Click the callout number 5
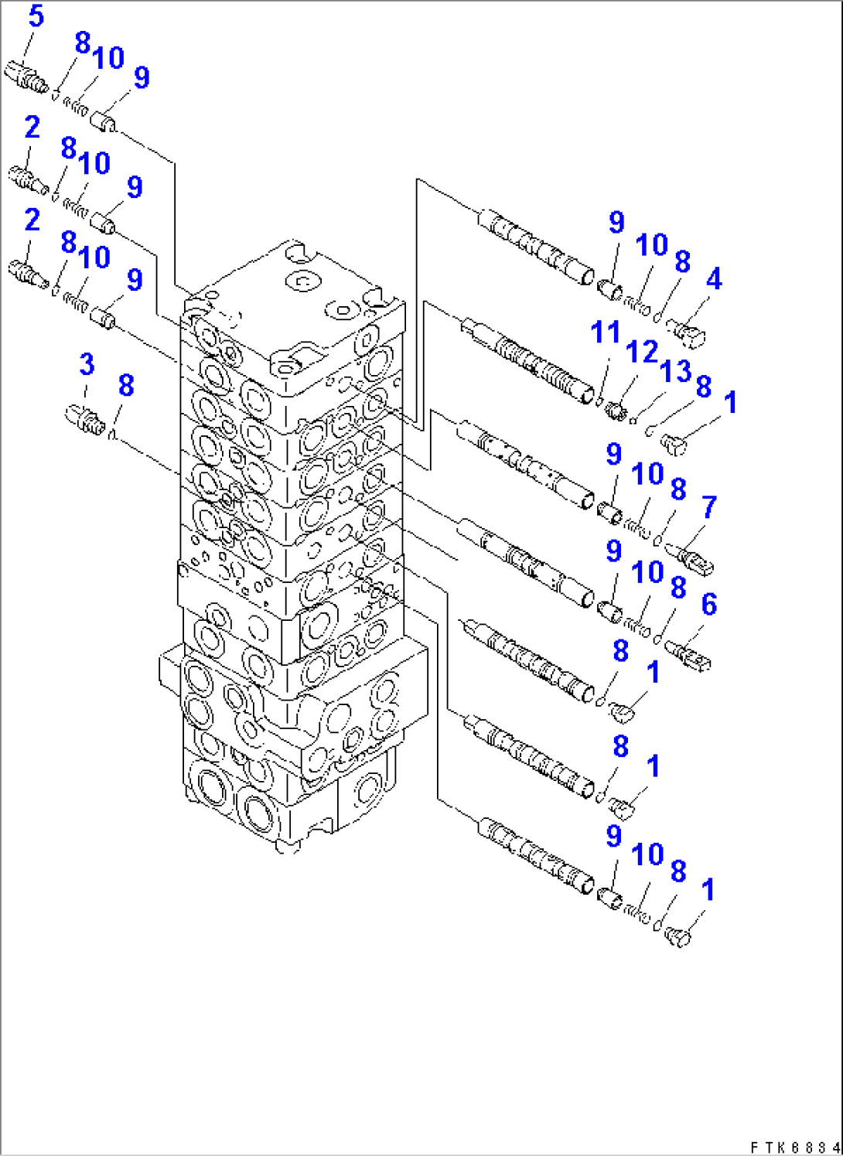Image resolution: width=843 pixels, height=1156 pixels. tap(36, 16)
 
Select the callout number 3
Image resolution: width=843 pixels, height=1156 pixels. tap(87, 364)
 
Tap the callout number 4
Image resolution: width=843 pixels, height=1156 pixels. tap(714, 279)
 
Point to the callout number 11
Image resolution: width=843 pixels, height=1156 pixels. tap(605, 332)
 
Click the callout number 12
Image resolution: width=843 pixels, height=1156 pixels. tap(641, 352)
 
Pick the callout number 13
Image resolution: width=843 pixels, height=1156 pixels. tap(675, 371)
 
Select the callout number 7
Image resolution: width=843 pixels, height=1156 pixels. tap(709, 508)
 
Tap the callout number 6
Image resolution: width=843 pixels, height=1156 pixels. tap(708, 605)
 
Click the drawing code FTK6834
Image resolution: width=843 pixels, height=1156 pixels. tap(794, 1147)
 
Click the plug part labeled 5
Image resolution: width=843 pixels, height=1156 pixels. tap(26, 78)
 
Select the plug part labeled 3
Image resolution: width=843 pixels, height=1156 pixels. tap(83, 418)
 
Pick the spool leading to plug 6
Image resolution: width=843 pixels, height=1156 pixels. tap(526, 562)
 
